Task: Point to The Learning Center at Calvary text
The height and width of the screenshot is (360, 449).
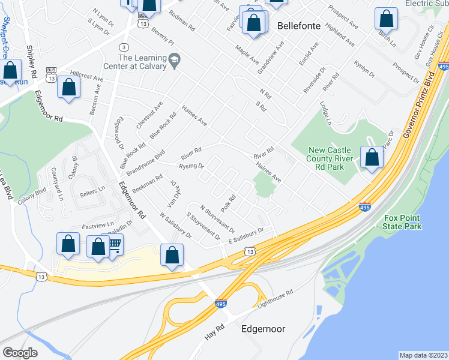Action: click(x=142, y=62)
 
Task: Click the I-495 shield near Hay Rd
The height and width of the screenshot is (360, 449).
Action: click(x=220, y=304)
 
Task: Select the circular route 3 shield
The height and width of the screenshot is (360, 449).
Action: click(x=123, y=47)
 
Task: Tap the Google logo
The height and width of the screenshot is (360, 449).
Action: click(x=20, y=353)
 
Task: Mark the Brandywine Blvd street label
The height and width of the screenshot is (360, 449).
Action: click(x=145, y=163)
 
